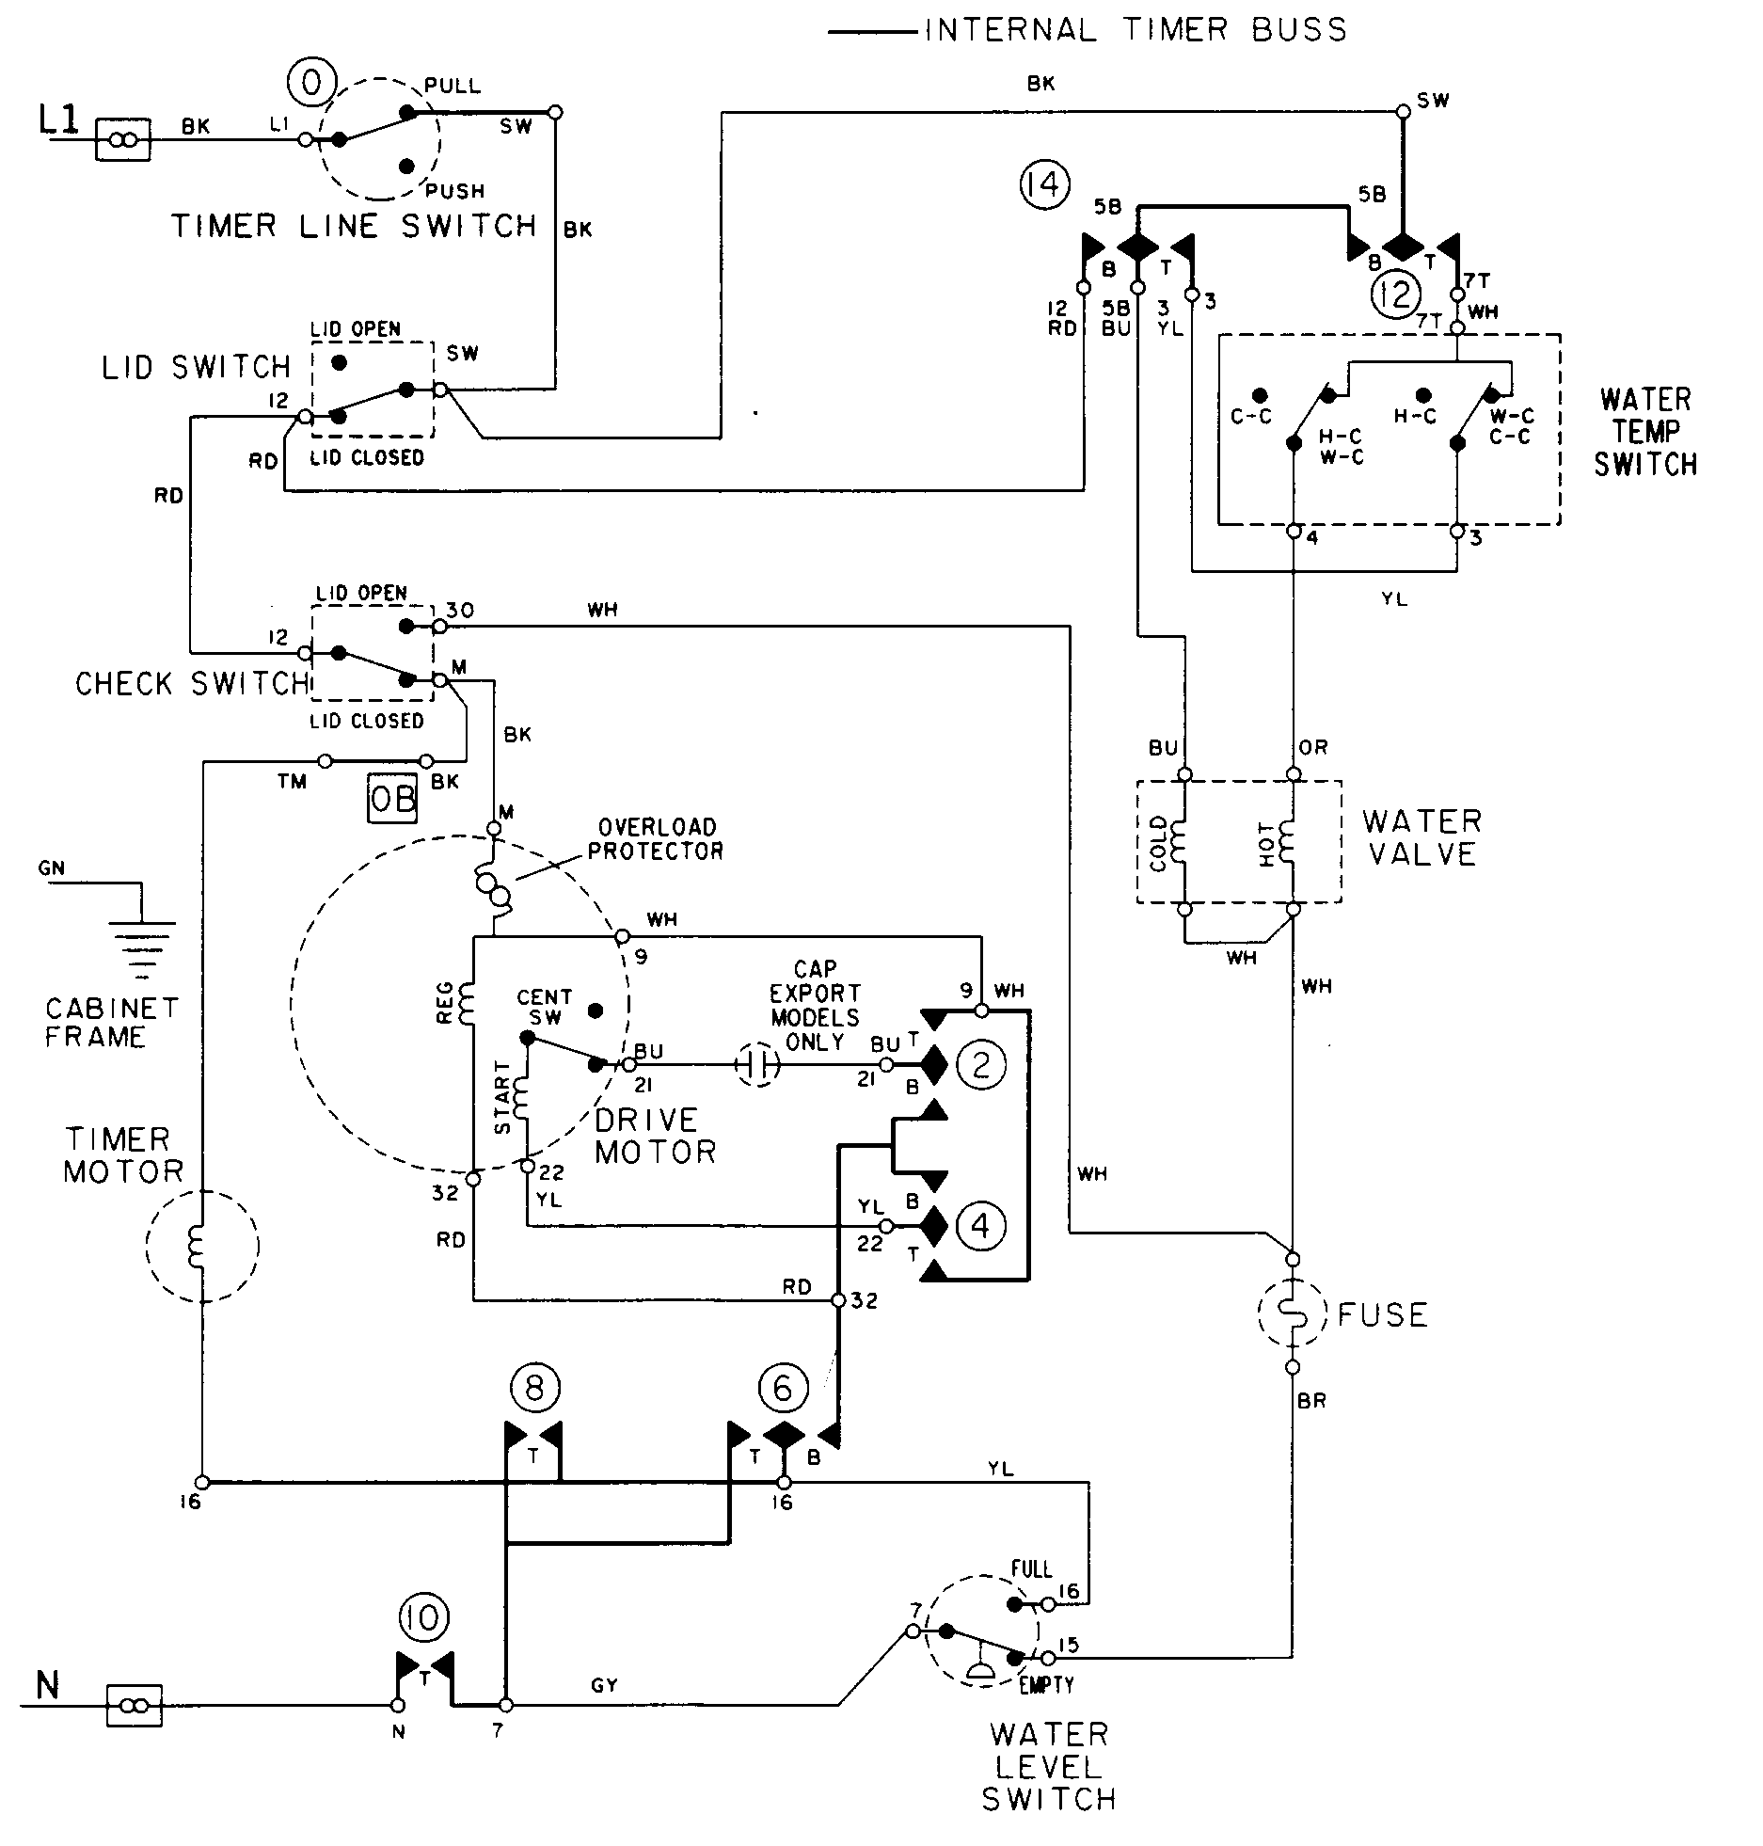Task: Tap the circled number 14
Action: tap(1044, 183)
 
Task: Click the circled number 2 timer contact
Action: tap(980, 1064)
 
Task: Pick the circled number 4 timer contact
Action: tap(979, 1226)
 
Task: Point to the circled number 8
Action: tap(534, 1387)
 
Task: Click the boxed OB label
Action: tap(391, 799)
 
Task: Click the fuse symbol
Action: tap(1293, 1313)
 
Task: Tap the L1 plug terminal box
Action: tap(123, 140)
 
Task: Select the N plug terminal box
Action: tap(135, 1705)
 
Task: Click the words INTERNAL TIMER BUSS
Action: tap(1136, 30)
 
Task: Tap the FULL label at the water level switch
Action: tap(1031, 1569)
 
